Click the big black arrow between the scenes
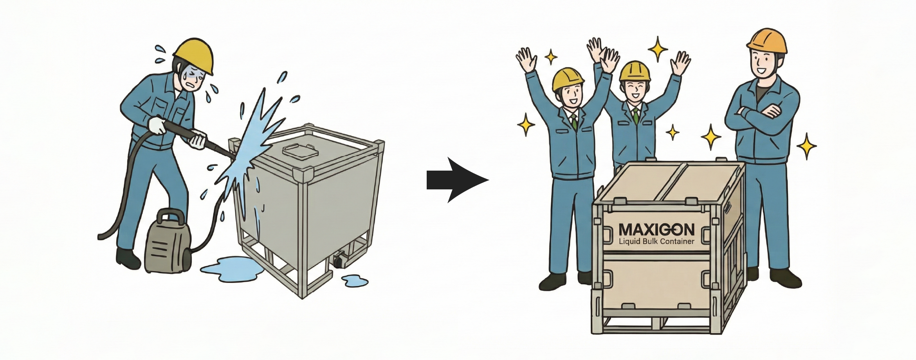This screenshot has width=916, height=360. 457,180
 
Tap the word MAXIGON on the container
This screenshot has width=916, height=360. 656,230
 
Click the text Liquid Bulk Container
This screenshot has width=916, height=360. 656,241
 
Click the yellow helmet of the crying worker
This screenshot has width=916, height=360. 195,55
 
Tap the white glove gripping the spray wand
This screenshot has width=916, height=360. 157,126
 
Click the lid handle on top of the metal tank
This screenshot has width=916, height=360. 298,149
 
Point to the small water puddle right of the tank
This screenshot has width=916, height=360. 355,281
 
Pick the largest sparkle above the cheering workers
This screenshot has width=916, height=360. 658,49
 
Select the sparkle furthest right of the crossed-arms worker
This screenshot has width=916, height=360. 806,146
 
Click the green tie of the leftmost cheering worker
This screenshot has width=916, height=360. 574,121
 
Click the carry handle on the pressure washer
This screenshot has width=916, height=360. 171,216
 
